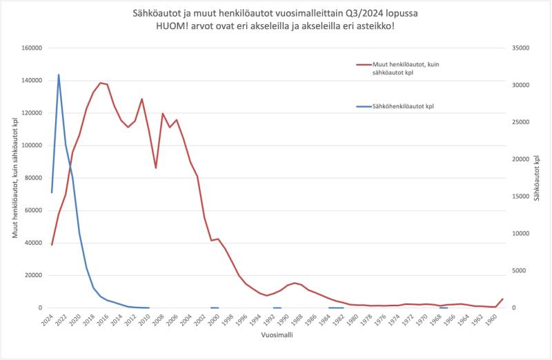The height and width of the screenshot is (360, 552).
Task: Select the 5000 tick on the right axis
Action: (x=520, y=271)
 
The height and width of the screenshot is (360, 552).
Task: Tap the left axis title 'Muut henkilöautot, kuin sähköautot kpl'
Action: (x=15, y=178)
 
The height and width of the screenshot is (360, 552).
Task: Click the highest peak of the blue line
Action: (x=59, y=74)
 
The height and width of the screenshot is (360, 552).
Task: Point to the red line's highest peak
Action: (x=101, y=83)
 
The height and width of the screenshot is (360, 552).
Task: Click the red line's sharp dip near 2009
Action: (x=156, y=168)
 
